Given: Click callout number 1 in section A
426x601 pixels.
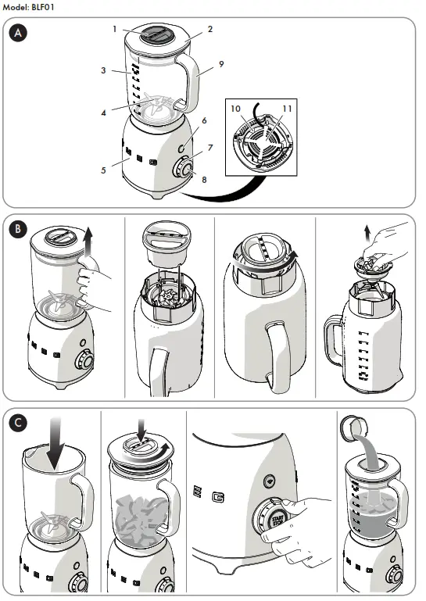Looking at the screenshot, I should point(114,29).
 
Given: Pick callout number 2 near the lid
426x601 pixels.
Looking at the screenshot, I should point(210,30).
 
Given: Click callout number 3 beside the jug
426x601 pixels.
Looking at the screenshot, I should point(103,70).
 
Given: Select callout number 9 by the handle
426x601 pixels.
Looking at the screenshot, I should point(221,63).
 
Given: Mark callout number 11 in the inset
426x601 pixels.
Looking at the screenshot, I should point(288,109).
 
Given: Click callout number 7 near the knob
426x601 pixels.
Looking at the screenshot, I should point(210,148).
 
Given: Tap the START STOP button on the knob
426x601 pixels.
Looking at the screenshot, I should point(277,521).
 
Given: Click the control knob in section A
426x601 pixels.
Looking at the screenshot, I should point(184,166).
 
